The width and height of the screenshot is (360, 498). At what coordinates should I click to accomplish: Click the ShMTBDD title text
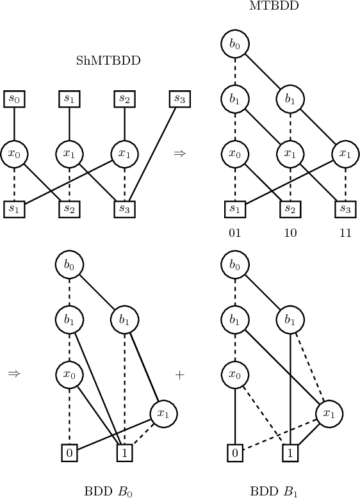[x=108, y=61]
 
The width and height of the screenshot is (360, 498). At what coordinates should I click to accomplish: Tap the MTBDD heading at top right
[x=265, y=6]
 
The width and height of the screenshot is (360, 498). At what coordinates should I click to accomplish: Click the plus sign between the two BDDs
[x=179, y=374]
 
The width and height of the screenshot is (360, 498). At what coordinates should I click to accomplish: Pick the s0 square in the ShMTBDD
[x=13, y=99]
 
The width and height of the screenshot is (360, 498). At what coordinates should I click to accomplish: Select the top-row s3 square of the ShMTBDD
[x=179, y=99]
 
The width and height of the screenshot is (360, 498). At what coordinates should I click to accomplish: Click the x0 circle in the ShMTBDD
[x=13, y=154]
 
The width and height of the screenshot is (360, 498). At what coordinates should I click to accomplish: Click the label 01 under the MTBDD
[x=235, y=233]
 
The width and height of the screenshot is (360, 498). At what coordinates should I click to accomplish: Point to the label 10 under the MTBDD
[x=290, y=233]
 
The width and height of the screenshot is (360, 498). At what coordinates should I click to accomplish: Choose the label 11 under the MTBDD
[x=345, y=233]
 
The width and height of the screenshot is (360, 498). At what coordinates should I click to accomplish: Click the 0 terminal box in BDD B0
[x=69, y=454]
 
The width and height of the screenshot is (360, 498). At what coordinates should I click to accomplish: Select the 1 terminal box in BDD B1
[x=290, y=454]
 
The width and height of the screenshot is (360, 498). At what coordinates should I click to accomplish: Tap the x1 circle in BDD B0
[x=163, y=413]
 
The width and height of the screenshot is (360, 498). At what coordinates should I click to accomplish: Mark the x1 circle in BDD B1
[x=329, y=413]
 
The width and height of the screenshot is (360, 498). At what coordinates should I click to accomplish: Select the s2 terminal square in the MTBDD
[x=290, y=209]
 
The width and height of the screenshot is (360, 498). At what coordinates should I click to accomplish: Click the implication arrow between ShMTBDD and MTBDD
[x=179, y=154]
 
